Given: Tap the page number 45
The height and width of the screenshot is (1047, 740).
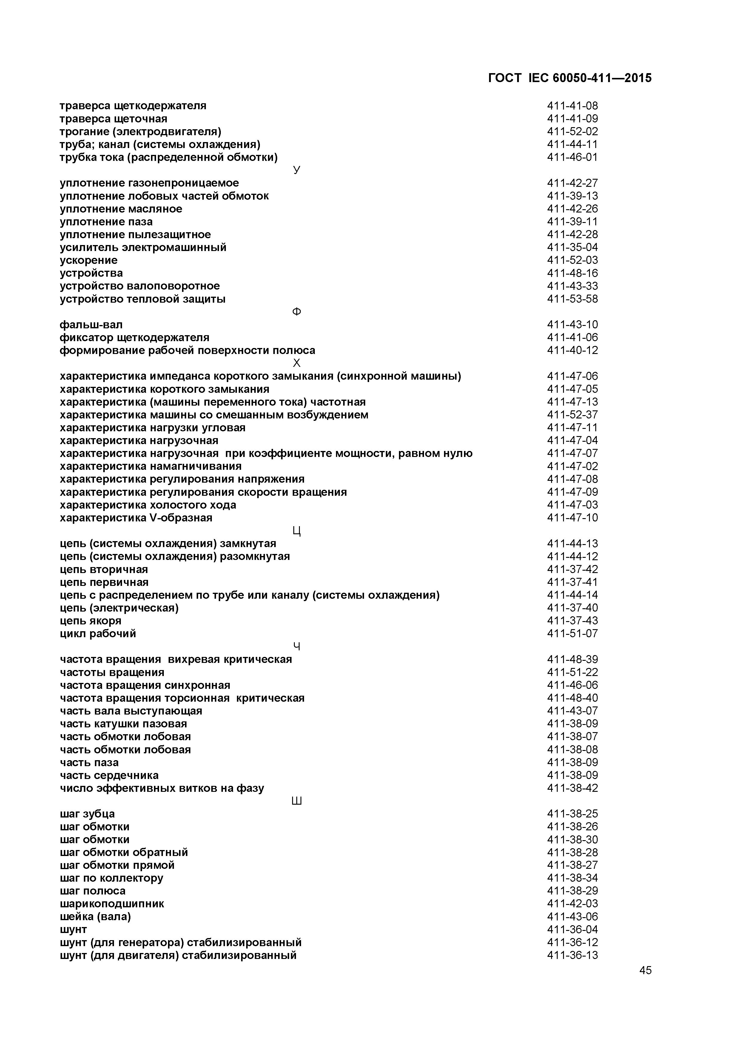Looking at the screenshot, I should (645, 983).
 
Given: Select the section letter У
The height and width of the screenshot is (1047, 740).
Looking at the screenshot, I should (296, 170).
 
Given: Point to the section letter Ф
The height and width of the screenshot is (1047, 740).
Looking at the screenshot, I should (296, 312).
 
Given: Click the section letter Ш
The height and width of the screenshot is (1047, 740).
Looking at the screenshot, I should (296, 801).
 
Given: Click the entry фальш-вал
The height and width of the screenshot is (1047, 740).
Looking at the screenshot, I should (91, 325).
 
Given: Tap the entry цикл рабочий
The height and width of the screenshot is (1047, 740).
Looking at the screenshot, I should (98, 634).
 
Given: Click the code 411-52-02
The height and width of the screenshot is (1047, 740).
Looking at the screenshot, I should (572, 132).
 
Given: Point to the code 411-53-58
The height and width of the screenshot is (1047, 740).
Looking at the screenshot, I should (572, 299).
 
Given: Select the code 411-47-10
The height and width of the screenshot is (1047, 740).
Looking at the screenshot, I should (572, 518).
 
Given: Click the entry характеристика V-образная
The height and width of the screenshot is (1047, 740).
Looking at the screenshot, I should (136, 518).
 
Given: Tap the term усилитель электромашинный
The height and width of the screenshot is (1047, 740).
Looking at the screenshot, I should (143, 248).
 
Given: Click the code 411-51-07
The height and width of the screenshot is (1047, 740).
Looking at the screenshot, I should (572, 634).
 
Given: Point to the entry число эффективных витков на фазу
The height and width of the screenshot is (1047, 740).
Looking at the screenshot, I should (162, 789).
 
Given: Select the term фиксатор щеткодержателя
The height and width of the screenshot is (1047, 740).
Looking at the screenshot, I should (135, 338).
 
